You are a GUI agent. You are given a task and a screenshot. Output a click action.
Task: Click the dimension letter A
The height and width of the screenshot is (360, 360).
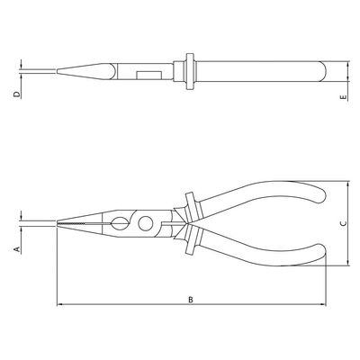[17, 249]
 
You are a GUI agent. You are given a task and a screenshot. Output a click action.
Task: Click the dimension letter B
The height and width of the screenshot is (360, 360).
[191, 300]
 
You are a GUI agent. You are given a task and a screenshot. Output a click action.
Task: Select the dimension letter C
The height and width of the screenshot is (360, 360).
[344, 223]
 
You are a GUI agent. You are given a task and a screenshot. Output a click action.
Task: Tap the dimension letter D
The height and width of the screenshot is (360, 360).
[17, 94]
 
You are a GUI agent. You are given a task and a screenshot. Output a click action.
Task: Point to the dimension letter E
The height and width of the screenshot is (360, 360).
[344, 97]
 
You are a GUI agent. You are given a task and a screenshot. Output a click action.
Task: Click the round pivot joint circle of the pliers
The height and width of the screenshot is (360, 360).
[146, 223]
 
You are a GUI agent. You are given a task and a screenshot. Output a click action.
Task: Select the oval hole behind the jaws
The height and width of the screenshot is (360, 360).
[118, 223]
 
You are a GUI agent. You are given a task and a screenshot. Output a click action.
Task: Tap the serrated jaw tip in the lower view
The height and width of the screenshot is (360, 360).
[72, 223]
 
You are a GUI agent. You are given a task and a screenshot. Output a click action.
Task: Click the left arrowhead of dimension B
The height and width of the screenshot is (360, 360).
[59, 304]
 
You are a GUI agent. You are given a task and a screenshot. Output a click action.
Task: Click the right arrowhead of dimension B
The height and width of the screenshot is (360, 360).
[323, 304]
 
